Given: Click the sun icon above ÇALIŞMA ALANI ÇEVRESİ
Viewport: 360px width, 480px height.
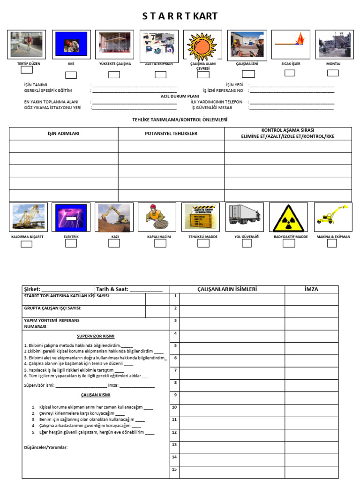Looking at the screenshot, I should click(x=202, y=45).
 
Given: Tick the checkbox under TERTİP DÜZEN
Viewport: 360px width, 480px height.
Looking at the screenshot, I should click(x=27, y=70).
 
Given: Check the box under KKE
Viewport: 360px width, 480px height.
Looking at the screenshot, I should click(x=71, y=75).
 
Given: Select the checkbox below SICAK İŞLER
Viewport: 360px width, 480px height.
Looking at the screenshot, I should click(x=290, y=73).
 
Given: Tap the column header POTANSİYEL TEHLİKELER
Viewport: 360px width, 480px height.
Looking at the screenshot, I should click(x=171, y=134).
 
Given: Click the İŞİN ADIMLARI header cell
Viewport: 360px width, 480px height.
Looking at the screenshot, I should click(x=64, y=134).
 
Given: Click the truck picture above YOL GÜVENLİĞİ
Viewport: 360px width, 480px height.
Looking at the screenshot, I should click(x=244, y=216).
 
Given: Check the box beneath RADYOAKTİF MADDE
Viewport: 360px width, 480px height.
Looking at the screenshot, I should click(x=289, y=243).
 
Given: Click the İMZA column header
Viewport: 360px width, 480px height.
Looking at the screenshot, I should click(x=311, y=289).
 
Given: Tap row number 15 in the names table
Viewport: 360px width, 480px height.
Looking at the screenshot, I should click(x=174, y=469).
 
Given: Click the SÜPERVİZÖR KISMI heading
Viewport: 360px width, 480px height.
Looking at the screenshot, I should click(x=96, y=336).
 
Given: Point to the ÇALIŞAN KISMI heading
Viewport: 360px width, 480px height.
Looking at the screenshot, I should click(x=96, y=395).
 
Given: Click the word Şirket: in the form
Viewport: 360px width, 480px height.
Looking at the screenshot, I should click(x=32, y=289).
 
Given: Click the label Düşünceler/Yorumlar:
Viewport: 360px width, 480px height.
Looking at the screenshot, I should click(x=46, y=447).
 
